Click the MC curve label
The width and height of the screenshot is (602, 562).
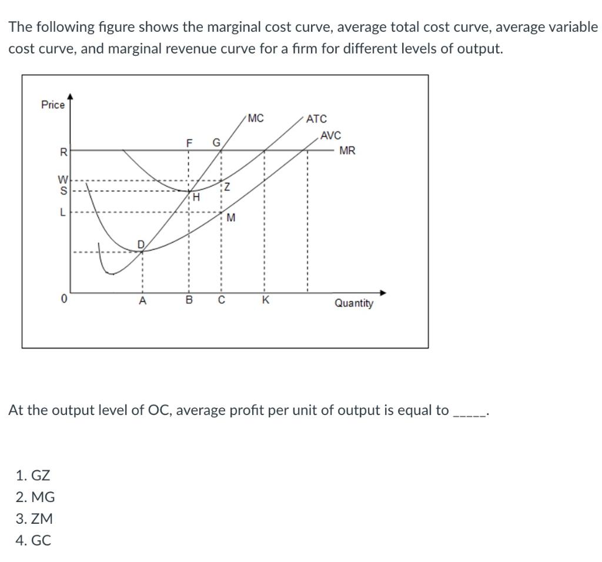coord(256,118)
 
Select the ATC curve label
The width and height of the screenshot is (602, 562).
coord(317,119)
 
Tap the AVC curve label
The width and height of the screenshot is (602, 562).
coord(331,135)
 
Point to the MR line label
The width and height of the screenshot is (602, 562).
coord(347,150)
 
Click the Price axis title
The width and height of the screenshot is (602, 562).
coord(53,105)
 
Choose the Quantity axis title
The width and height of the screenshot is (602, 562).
coord(353,303)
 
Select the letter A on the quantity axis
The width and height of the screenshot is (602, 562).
coord(142,302)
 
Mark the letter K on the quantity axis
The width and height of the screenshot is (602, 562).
coord(265,302)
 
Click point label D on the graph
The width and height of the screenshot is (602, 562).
coord(141,243)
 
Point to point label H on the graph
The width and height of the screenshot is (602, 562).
coord(197,198)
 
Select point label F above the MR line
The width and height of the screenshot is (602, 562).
coord(189,143)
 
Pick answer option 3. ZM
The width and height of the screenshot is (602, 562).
coord(35,518)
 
